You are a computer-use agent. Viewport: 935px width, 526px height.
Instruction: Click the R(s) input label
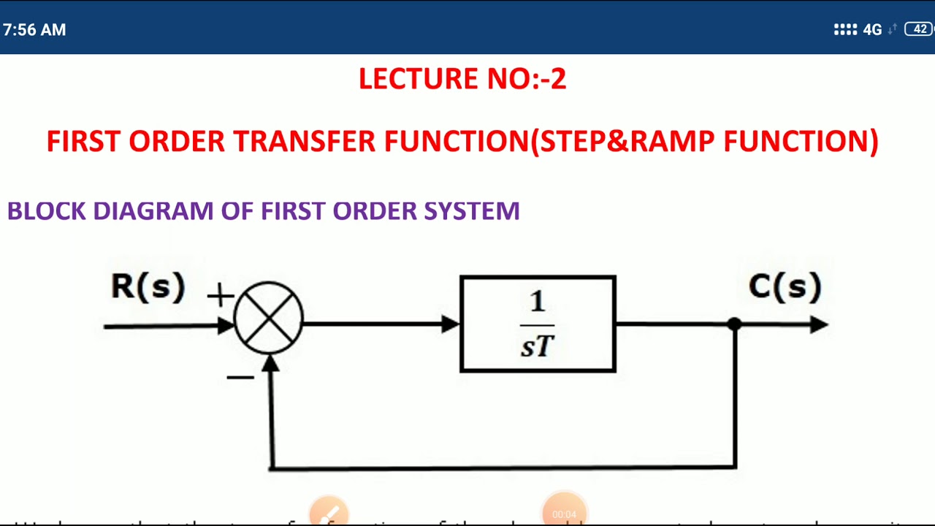[x=148, y=286]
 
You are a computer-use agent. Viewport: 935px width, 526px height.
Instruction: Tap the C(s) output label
[x=785, y=286]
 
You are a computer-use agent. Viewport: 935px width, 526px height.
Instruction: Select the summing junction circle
[x=269, y=319]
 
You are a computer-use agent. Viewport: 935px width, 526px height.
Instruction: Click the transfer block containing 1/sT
[x=538, y=324]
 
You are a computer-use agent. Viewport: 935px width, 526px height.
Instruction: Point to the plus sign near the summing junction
[x=220, y=296]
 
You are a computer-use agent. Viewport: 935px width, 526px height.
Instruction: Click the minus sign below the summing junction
[x=240, y=377]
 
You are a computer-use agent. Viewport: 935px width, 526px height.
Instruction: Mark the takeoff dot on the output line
[x=735, y=324]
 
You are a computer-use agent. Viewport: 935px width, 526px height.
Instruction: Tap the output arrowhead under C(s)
[x=819, y=324]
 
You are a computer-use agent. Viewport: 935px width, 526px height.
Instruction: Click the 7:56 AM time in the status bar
[x=34, y=30]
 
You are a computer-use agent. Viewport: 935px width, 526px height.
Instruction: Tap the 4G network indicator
[x=872, y=30]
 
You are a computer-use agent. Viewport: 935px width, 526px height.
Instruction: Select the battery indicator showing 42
[x=920, y=29]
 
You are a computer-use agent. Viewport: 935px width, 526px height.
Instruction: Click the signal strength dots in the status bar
[x=845, y=30]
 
